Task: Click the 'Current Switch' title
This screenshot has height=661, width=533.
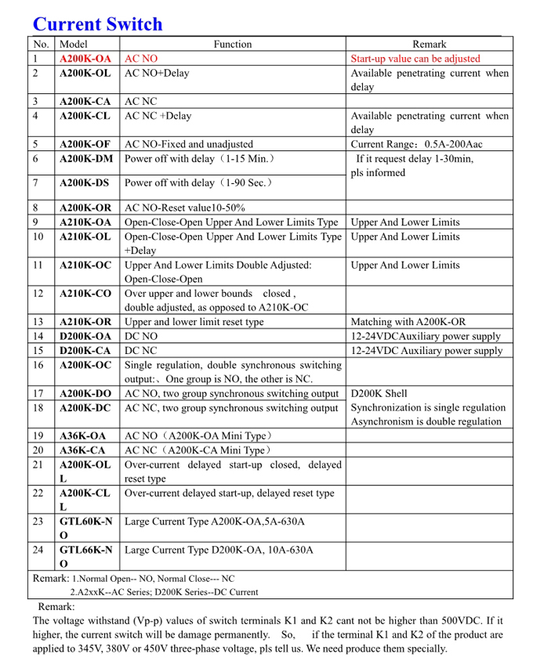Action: pyautogui.click(x=97, y=24)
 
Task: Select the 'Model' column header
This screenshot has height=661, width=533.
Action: pyautogui.click(x=74, y=45)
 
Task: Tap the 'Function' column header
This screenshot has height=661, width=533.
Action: pyautogui.click(x=232, y=45)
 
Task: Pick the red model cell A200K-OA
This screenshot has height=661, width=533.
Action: pyautogui.click(x=85, y=59)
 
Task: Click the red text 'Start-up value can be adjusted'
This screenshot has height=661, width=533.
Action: pyautogui.click(x=415, y=59)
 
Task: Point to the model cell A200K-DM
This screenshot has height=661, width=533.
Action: pyautogui.click(x=86, y=159)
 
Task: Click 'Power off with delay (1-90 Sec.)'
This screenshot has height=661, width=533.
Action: pyautogui.click(x=198, y=183)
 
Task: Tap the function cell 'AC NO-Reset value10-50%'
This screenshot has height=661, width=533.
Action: pyautogui.click(x=185, y=208)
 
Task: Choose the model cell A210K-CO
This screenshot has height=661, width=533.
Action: pyautogui.click(x=85, y=294)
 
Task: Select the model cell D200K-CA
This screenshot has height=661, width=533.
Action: pyautogui.click(x=85, y=351)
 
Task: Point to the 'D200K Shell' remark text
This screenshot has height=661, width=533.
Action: pyautogui.click(x=379, y=394)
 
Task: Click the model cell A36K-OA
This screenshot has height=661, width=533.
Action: pyautogui.click(x=82, y=436)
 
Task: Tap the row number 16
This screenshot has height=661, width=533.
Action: pyautogui.click(x=38, y=365)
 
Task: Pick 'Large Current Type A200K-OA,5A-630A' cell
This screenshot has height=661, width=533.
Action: pyautogui.click(x=215, y=522)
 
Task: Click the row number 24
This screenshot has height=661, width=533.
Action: pyautogui.click(x=38, y=550)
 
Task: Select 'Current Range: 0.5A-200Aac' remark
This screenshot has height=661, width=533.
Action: pyautogui.click(x=416, y=144)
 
